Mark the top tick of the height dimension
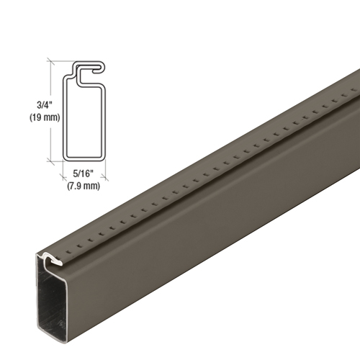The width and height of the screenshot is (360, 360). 49,60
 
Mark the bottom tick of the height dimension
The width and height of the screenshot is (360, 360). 49,160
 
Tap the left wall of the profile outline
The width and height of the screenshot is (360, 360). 64,115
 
